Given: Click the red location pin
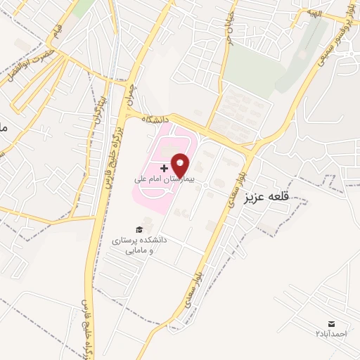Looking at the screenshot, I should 181,165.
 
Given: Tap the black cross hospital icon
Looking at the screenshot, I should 165,168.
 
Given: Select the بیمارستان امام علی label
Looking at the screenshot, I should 168,179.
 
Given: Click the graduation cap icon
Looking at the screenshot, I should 139,229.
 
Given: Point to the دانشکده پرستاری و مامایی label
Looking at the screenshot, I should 139,245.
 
